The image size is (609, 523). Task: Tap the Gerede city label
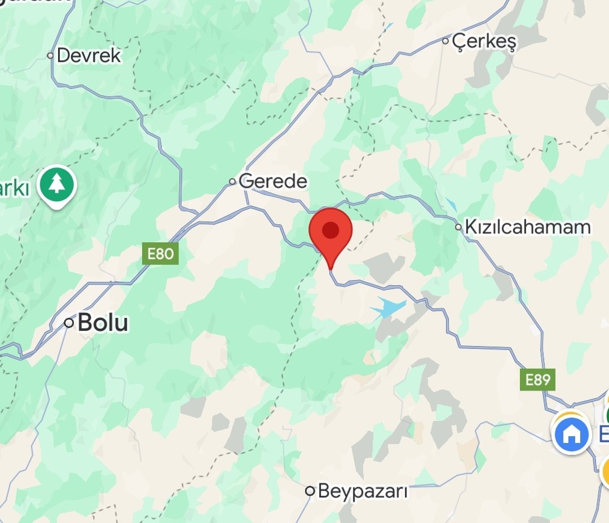pos(273,181)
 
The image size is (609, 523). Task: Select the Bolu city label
pos(103,322)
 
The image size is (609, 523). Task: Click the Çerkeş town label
pos(484,41)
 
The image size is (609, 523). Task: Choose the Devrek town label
pos(89,55)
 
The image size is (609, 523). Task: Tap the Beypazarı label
pos(363,491)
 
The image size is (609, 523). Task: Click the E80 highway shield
pos(160,254)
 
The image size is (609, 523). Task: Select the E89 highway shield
pos(537,379)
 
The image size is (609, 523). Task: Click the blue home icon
pos(571,433)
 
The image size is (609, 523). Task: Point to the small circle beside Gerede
pos(232,181)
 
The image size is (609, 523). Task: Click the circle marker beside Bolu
pos(69,323)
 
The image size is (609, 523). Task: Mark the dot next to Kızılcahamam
pos(459,228)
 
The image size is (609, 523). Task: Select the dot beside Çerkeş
pos(445,41)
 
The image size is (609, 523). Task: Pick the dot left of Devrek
pos(50,55)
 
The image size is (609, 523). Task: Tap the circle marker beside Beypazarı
pos(310,491)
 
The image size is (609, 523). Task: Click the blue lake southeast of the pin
pos(388,308)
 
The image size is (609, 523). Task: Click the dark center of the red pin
pos(330,229)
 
